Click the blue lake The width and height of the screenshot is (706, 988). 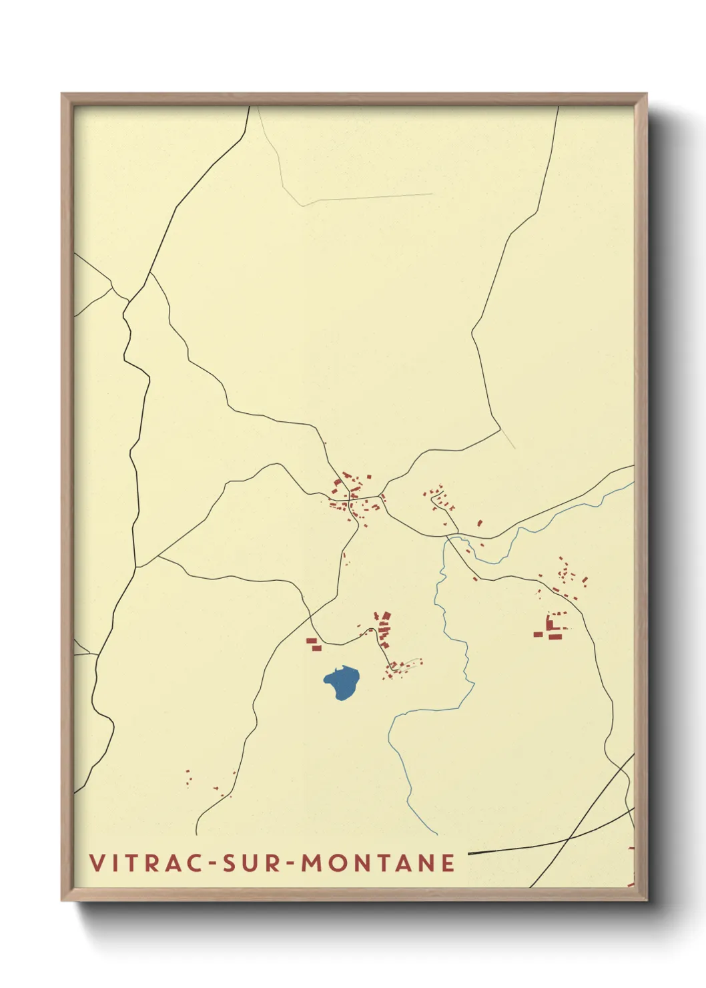342,682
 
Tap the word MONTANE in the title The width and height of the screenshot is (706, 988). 378,863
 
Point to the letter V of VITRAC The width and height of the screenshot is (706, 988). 97,863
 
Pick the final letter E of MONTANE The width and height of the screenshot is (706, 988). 448,863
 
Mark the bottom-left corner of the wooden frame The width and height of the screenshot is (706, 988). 63,899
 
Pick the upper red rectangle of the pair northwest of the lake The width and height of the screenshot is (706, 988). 311,641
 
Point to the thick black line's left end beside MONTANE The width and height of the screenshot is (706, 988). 469,853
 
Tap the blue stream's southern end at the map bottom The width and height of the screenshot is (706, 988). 437,834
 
